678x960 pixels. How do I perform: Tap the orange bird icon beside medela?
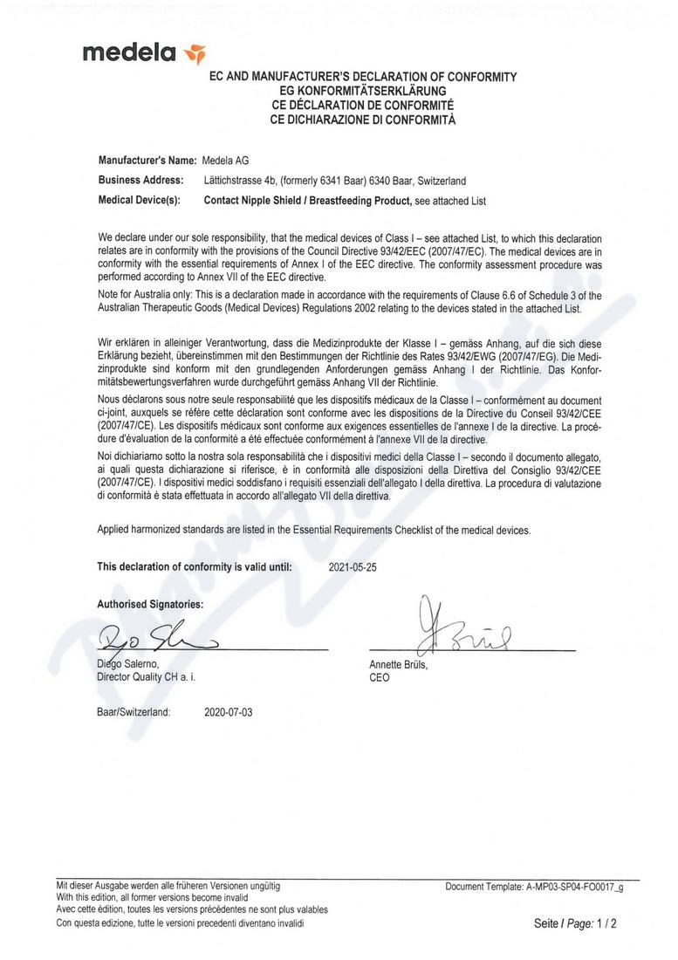tap(194, 55)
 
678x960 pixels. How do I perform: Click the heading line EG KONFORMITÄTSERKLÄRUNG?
tap(363, 91)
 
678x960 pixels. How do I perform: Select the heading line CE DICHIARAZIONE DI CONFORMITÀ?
tap(363, 119)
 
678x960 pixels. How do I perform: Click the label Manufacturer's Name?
tap(147, 161)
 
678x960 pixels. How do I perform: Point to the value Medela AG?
tap(226, 161)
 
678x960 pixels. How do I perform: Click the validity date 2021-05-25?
tap(353, 566)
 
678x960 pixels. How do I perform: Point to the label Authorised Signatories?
tap(150, 603)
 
